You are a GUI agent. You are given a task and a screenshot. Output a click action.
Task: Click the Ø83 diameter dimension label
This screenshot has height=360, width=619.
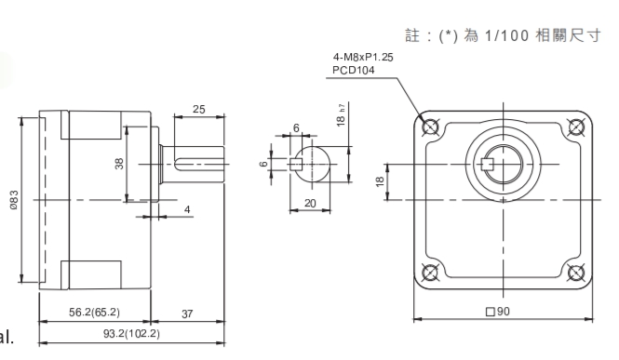tap(14, 199)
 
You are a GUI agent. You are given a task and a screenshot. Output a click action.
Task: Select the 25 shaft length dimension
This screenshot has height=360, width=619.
tap(199, 109)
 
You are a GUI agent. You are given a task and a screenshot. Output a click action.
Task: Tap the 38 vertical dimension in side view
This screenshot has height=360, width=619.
tap(119, 163)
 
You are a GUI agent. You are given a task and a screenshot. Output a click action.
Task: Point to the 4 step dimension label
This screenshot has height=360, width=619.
tap(187, 209)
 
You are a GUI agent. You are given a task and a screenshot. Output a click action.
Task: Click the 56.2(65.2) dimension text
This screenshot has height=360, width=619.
tap(94, 313)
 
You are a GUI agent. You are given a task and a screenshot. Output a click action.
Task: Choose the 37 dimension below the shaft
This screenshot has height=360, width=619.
tap(187, 313)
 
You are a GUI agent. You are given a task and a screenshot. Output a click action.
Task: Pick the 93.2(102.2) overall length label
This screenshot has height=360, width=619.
tap(131, 334)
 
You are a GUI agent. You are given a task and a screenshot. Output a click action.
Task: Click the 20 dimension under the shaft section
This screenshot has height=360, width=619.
tap(310, 203)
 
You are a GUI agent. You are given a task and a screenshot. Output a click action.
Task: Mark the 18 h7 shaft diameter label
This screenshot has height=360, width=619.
tap(341, 115)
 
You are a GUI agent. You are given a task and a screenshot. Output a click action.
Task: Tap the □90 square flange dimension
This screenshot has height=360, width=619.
tap(497, 312)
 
